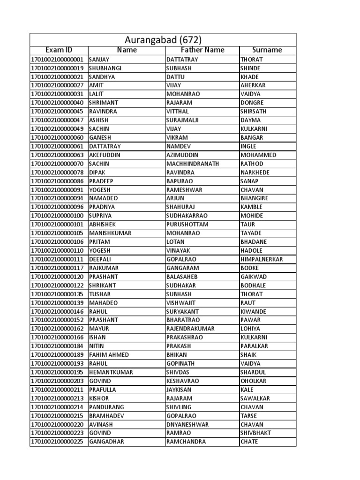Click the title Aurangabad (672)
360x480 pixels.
pyautogui.click(x=164, y=40)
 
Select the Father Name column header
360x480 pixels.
pyautogui.click(x=202, y=50)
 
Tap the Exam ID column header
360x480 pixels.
pyautogui.click(x=59, y=50)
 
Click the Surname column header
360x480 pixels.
pyautogui.click(x=267, y=50)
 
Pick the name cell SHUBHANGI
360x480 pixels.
pyautogui.click(x=105, y=68)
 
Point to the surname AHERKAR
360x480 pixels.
pyautogui.click(x=253, y=86)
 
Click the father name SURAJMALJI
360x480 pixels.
pyautogui.click(x=182, y=120)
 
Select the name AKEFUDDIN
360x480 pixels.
pyautogui.click(x=105, y=155)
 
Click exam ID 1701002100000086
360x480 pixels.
pyautogui.click(x=57, y=181)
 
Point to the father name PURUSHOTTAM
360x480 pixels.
pyautogui.click(x=187, y=225)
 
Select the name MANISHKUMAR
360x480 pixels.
pyautogui.click(x=110, y=233)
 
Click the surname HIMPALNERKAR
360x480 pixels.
pyautogui.click(x=262, y=259)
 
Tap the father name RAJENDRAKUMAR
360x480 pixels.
pyautogui.click(x=190, y=329)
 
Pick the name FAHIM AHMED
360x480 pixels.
pyautogui.click(x=109, y=355)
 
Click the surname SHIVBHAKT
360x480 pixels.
pyautogui.click(x=255, y=433)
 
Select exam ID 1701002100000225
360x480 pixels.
pyautogui.click(x=57, y=442)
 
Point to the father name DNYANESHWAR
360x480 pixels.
pyautogui.click(x=187, y=424)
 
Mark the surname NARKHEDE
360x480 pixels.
pyautogui.click(x=255, y=172)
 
